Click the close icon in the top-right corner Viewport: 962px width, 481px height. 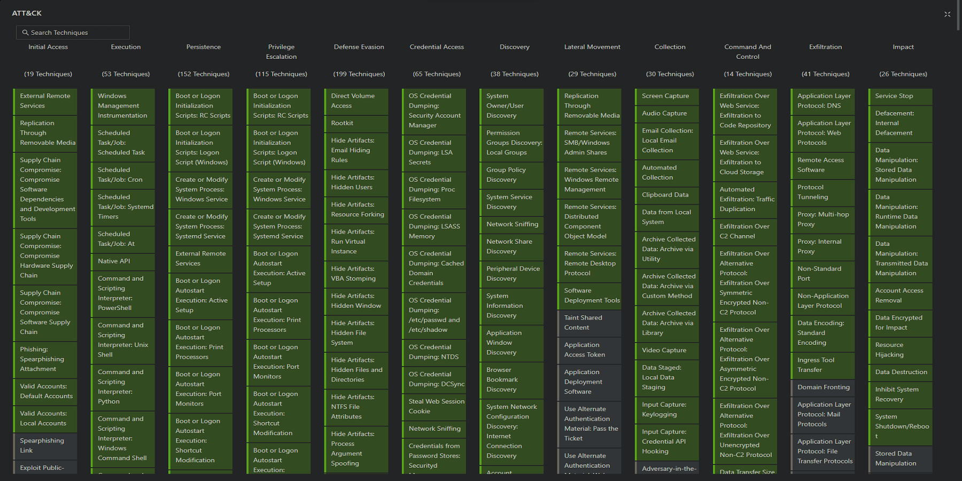947,14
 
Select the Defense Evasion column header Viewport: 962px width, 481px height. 359,47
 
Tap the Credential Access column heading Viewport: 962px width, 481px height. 437,47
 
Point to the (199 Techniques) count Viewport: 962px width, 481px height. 359,74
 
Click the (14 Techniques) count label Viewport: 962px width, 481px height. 748,74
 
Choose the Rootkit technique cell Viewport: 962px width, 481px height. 355,123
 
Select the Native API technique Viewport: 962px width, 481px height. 122,261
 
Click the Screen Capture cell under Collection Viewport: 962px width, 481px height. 666,96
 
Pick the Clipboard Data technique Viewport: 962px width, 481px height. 666,195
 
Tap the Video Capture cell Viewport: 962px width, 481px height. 666,351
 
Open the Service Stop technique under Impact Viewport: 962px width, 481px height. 900,96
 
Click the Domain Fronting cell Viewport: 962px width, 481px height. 823,387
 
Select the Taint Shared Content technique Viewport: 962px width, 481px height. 589,323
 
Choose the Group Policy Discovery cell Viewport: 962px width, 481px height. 511,175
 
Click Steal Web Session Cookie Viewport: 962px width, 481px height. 433,406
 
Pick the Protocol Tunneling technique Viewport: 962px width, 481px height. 823,192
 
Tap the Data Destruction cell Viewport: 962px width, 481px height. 900,373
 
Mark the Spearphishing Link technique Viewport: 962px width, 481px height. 45,446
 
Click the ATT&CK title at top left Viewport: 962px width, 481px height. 27,13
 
